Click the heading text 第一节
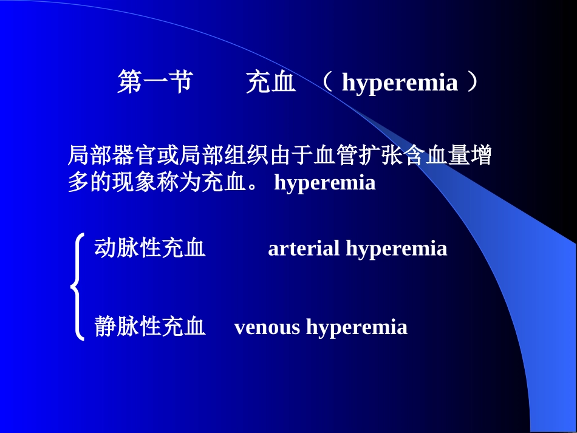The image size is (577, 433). pos(154,83)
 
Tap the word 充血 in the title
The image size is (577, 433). pos(271,83)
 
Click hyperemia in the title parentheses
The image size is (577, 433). pos(400,83)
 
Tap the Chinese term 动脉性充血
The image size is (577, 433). pos(150,248)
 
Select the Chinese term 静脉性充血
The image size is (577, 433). pos(150,327)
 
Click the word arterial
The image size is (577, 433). pos(304,248)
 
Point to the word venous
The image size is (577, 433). pos(267,327)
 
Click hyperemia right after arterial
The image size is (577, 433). pos(397,248)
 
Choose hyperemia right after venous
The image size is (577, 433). pos(357,327)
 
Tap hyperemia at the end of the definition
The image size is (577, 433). pos(325,182)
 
